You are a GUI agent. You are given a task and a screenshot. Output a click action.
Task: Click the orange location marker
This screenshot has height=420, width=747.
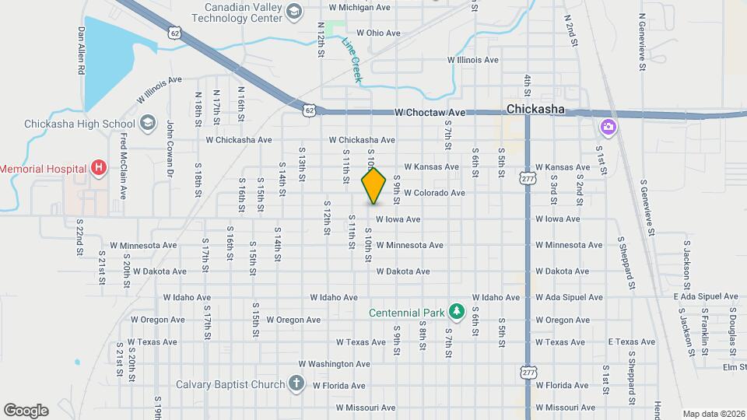point(373,185)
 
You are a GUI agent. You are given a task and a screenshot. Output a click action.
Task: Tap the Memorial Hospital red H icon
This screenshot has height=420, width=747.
point(98,167)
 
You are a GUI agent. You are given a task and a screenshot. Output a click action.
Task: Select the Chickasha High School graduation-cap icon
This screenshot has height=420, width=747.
point(148,124)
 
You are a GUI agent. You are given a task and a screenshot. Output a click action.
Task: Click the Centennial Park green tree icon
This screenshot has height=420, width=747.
point(458,313)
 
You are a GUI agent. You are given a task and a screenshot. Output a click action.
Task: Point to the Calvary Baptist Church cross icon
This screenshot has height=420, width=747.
point(295,383)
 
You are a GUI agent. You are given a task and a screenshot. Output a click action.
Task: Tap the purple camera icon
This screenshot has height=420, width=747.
point(608,126)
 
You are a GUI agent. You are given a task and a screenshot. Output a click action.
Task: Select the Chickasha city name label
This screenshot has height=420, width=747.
point(535,110)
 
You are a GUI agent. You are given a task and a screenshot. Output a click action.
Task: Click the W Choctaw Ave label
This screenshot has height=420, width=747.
point(430,113)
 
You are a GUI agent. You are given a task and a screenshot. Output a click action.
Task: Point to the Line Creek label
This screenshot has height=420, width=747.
point(352,59)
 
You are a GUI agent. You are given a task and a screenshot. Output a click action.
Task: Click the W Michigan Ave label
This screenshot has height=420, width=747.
point(361,7)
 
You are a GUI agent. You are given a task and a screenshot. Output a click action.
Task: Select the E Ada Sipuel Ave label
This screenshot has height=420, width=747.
point(706,297)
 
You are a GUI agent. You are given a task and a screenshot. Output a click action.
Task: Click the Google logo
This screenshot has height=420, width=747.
point(26,410)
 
